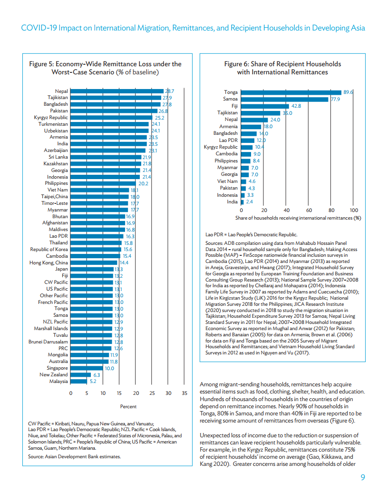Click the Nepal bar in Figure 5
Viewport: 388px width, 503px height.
point(117,91)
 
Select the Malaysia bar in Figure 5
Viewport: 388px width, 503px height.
point(79,382)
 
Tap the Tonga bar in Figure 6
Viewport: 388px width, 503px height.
point(291,92)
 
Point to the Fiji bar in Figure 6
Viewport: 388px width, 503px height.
point(265,106)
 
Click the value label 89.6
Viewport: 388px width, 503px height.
point(349,92)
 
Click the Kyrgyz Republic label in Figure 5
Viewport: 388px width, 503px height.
point(51,117)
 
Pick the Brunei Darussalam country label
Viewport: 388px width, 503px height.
point(48,342)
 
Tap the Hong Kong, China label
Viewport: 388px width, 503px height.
point(48,262)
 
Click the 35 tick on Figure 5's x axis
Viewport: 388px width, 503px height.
point(184,393)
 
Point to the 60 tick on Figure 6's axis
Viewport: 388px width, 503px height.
point(309,210)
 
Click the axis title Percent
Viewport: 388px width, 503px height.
point(128,406)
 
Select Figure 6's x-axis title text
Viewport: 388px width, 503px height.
point(298,218)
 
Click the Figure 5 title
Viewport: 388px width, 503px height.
point(106,68)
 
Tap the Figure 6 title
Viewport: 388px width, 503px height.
point(282,68)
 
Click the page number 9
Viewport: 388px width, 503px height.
point(363,478)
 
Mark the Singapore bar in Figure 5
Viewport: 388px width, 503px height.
point(87,368)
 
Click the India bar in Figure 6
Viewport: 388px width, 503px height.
point(242,202)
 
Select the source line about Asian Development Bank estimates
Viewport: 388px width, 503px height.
point(75,457)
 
